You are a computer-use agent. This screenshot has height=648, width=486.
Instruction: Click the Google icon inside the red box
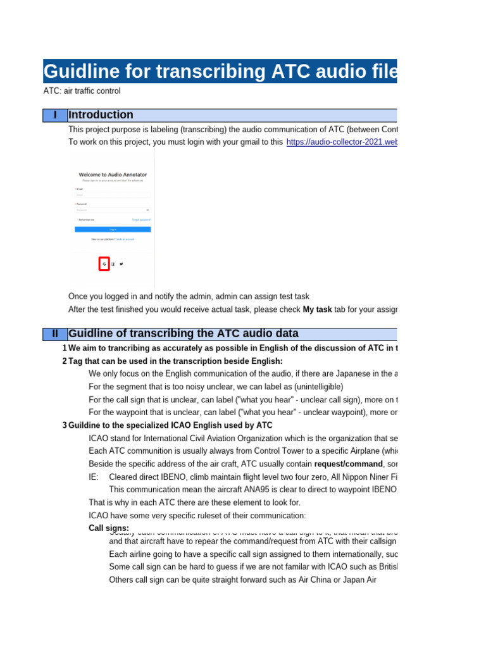(104, 264)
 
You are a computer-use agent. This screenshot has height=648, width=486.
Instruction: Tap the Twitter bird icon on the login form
(121, 264)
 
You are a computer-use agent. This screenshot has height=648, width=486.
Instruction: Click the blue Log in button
(113, 229)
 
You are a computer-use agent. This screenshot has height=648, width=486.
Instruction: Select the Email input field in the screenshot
(113, 195)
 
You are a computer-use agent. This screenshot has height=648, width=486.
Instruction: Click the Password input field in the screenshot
(113, 209)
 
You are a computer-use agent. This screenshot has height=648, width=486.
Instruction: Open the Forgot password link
(141, 219)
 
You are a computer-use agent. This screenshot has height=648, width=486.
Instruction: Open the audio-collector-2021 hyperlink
(342, 142)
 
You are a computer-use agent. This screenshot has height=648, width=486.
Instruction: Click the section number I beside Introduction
(55, 115)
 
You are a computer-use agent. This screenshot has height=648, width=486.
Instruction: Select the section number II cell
(55, 333)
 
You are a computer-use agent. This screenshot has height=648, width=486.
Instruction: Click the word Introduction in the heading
(101, 115)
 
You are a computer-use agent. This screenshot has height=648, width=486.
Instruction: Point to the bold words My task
(317, 309)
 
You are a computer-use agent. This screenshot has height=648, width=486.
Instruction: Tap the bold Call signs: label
(109, 528)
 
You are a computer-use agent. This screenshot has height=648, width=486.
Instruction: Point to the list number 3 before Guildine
(65, 425)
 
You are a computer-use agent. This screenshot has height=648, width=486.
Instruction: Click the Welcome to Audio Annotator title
(113, 174)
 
